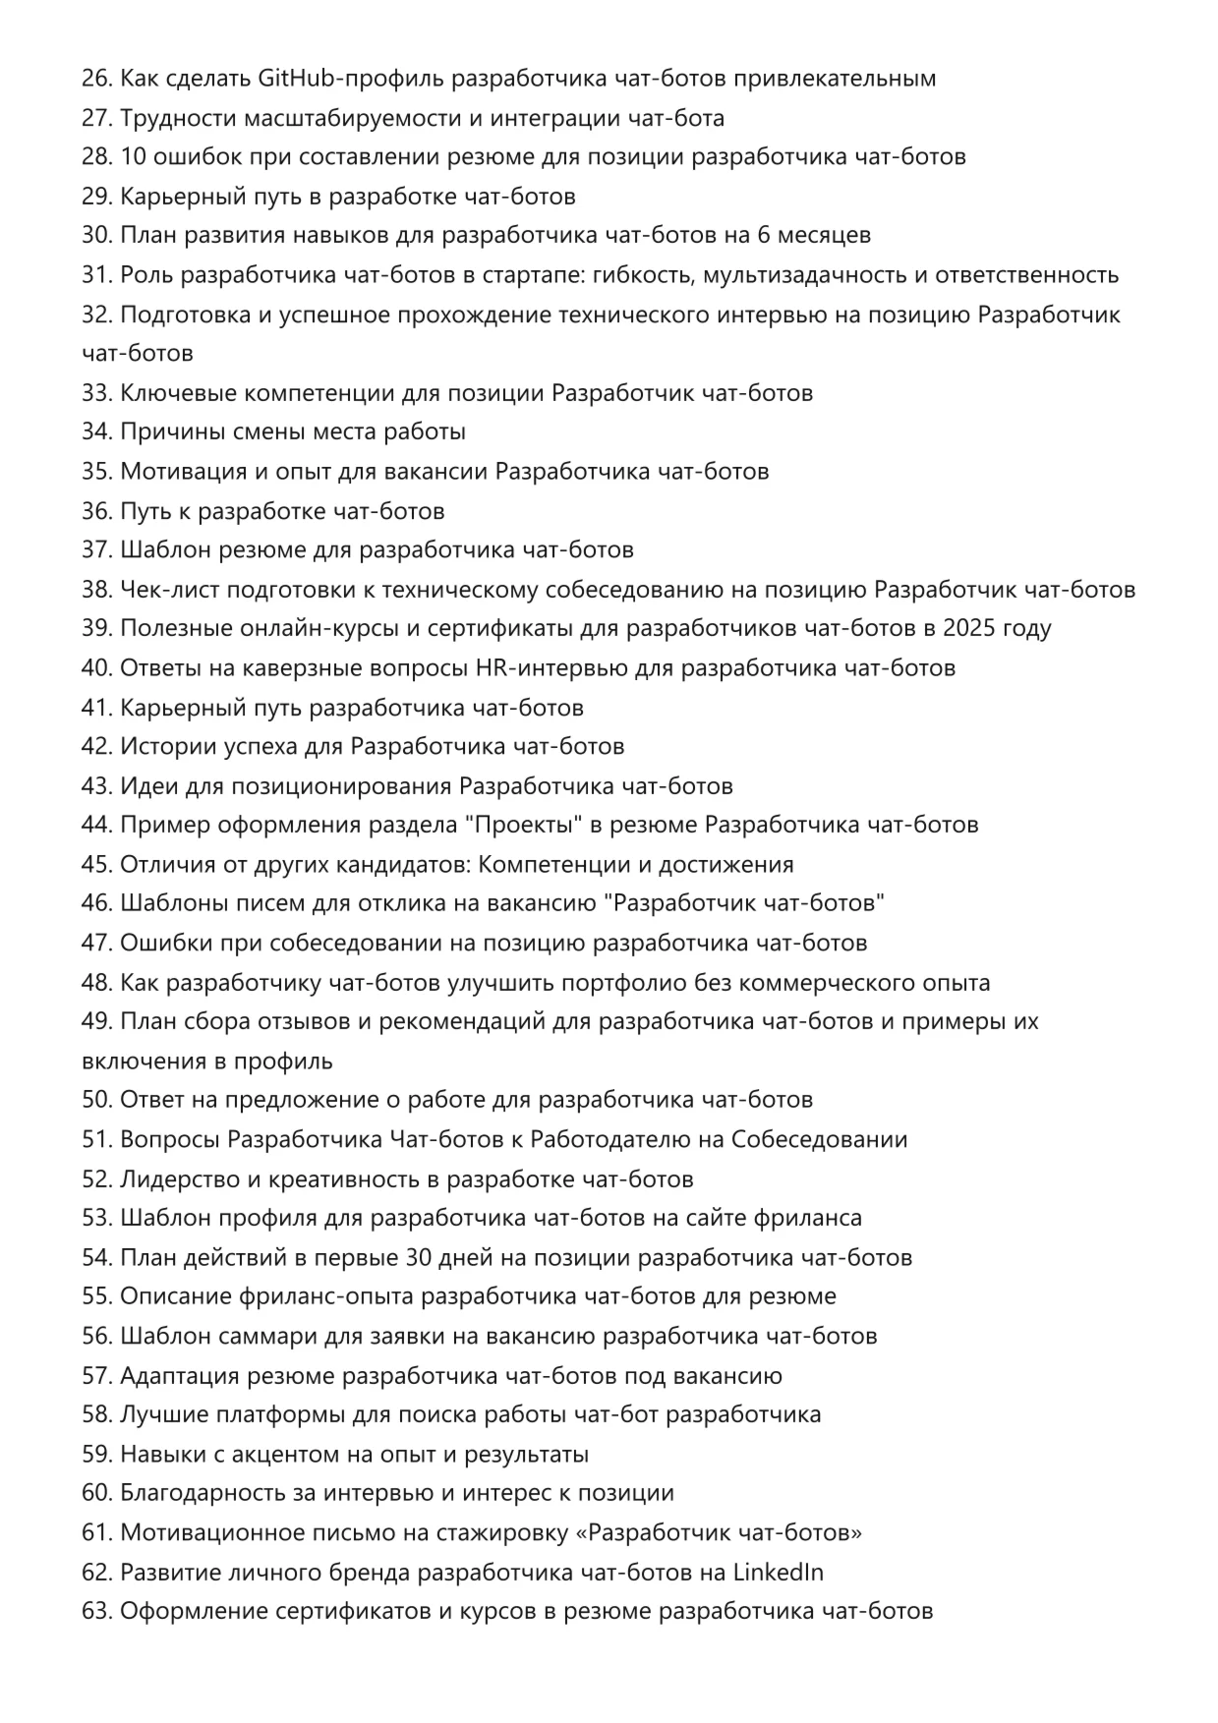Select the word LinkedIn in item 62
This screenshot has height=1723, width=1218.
[x=779, y=1572]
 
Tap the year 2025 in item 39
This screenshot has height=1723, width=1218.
[x=970, y=628]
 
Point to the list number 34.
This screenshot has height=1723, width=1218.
[x=96, y=431]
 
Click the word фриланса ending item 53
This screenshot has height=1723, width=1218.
[x=808, y=1218]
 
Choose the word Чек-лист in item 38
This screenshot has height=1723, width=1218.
[x=169, y=590]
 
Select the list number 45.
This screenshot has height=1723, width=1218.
[x=96, y=864]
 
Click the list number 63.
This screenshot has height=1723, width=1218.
[x=96, y=1611]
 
